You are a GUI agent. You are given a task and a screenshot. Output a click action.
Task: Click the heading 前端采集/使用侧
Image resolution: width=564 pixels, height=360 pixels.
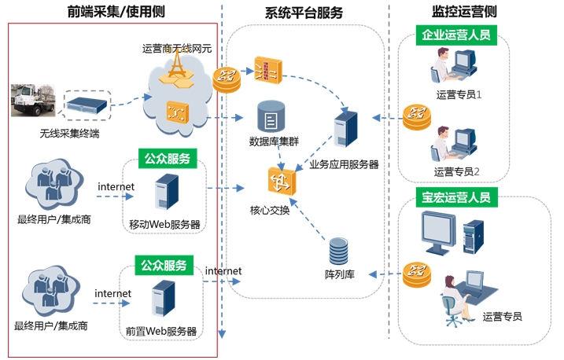click(116, 11)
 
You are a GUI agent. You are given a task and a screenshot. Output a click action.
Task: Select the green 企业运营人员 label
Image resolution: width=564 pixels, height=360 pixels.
click(455, 35)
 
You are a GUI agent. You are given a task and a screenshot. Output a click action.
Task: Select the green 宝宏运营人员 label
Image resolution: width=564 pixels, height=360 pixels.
click(455, 197)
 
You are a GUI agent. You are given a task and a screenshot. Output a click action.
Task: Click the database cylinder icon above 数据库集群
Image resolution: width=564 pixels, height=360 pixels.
click(271, 118)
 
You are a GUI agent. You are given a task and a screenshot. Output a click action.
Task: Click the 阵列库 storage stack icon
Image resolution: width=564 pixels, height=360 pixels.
click(338, 252)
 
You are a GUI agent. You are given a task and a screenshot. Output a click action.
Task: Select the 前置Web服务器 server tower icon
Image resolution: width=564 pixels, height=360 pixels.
click(162, 300)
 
